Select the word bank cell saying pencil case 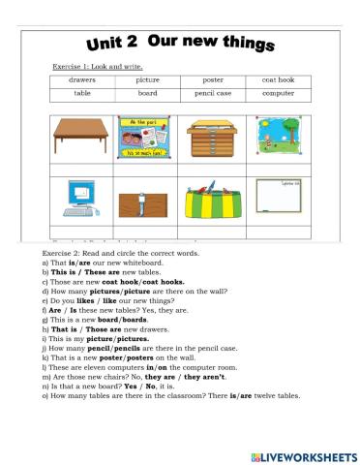[214, 94]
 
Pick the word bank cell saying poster [214, 80]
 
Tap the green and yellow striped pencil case [214, 200]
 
